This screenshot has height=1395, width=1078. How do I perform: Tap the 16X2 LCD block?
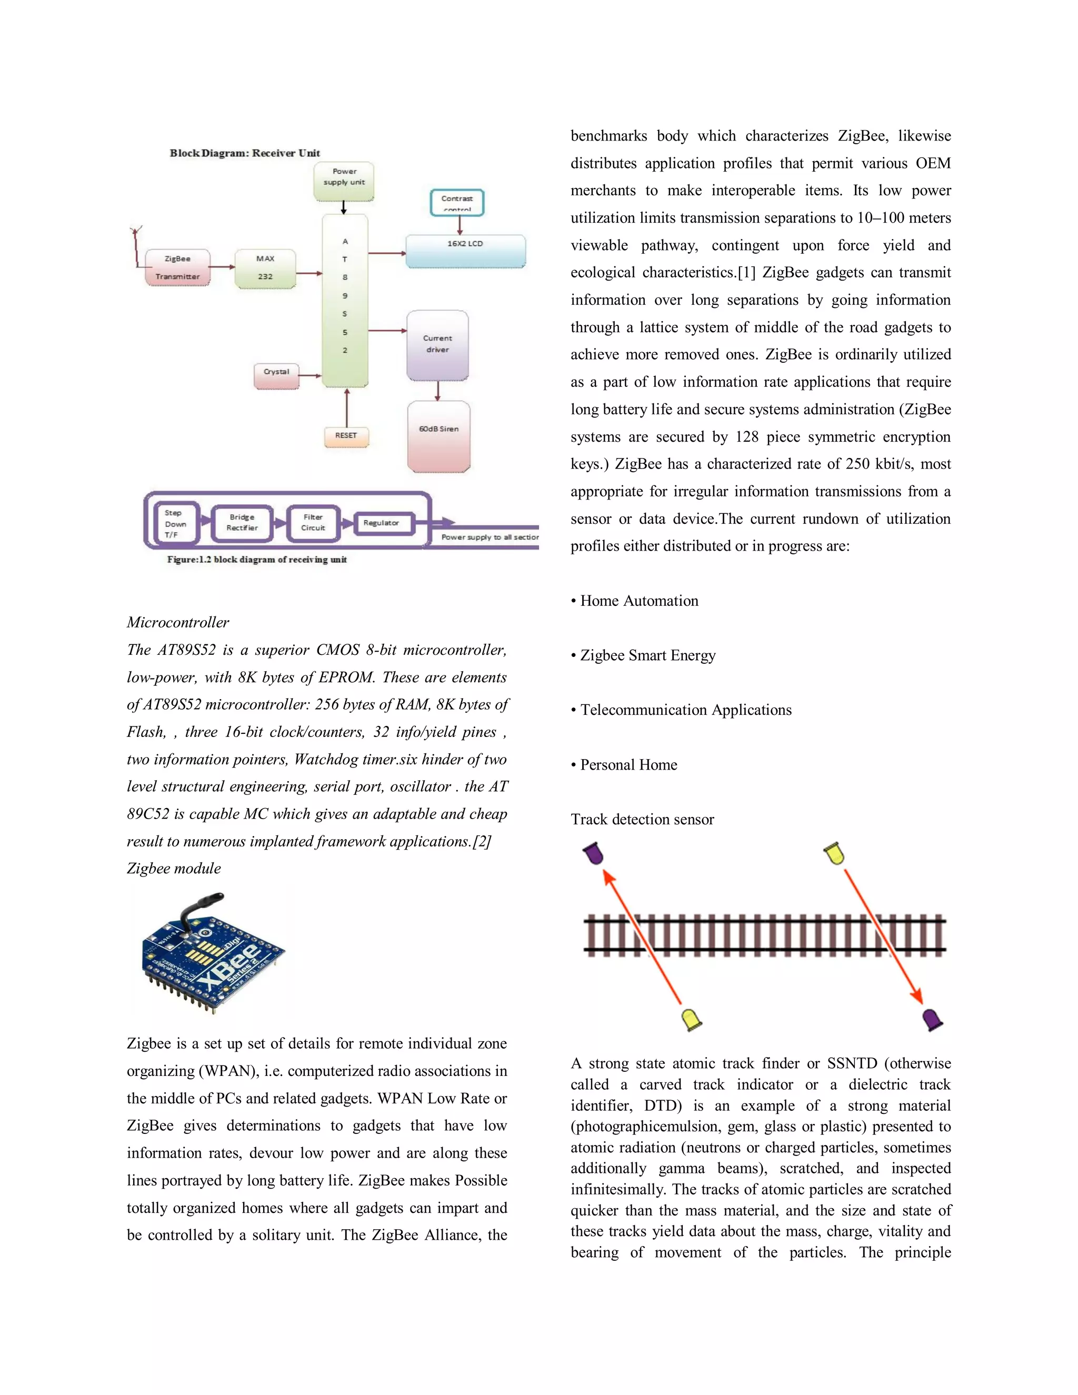click(x=465, y=251)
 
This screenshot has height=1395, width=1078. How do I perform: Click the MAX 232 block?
click(x=265, y=268)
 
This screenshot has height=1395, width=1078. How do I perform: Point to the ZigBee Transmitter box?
click(x=177, y=267)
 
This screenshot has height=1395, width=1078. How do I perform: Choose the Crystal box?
click(x=276, y=375)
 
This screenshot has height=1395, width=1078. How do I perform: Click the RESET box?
click(x=346, y=436)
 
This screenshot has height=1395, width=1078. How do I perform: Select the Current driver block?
click(x=437, y=345)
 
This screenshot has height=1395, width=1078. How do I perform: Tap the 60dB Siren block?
click(x=439, y=436)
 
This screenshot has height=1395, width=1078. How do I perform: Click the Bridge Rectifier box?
click(x=243, y=523)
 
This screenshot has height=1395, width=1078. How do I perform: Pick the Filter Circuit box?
click(x=313, y=523)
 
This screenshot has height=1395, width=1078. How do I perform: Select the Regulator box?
click(x=382, y=523)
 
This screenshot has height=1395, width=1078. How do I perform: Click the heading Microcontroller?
click(x=177, y=622)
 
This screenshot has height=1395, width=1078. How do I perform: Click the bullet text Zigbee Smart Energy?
click(x=647, y=655)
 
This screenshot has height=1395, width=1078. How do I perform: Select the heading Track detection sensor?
click(x=642, y=820)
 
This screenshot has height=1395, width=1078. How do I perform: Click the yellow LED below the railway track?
click(x=692, y=1018)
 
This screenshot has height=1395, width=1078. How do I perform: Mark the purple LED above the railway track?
click(x=594, y=853)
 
